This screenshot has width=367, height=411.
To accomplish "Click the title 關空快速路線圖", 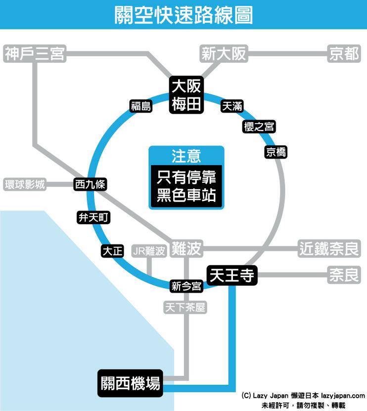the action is click(x=183, y=15).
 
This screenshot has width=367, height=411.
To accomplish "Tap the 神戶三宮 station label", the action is click(x=34, y=53).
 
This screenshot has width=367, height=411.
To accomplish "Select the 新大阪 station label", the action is click(x=224, y=53).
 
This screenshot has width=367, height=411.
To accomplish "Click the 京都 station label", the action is click(x=344, y=53).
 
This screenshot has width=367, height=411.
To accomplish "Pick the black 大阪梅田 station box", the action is click(x=186, y=95).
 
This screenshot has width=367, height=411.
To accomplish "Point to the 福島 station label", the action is click(x=141, y=106).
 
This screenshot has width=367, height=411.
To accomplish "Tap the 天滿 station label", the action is click(x=232, y=106).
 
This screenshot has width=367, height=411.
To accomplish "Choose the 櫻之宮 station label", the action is click(x=259, y=127).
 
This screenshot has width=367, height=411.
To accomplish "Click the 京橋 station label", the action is click(x=275, y=152).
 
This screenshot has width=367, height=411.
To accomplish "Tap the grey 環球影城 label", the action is click(x=24, y=184).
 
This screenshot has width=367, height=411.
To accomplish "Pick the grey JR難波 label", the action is click(x=148, y=250).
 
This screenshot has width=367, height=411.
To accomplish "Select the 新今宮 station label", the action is click(x=186, y=286).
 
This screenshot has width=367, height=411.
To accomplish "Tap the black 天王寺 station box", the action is click(x=231, y=276).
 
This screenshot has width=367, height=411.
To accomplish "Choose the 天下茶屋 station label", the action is click(x=185, y=307).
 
